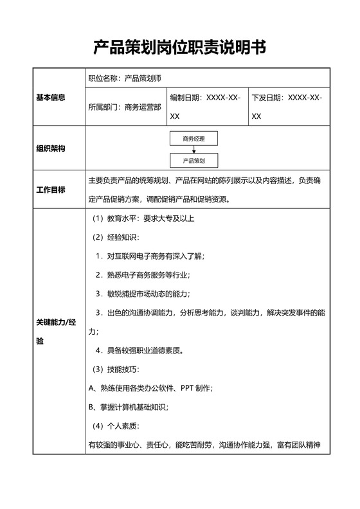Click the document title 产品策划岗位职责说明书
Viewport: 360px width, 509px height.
click(x=179, y=47)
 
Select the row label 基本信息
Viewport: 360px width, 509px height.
click(x=51, y=98)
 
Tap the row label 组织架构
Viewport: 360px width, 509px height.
click(x=51, y=148)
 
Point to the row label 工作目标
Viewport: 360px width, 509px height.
click(x=51, y=190)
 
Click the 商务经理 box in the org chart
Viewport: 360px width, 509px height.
click(x=194, y=138)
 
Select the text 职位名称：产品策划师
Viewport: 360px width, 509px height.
click(x=125, y=78)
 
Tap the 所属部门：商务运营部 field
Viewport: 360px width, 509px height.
click(x=125, y=107)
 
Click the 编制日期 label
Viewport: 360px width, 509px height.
click(x=186, y=98)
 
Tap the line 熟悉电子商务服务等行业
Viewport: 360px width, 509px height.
click(x=143, y=275)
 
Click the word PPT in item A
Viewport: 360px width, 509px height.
click(x=187, y=388)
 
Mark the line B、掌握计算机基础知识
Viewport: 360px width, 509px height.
click(x=127, y=407)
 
